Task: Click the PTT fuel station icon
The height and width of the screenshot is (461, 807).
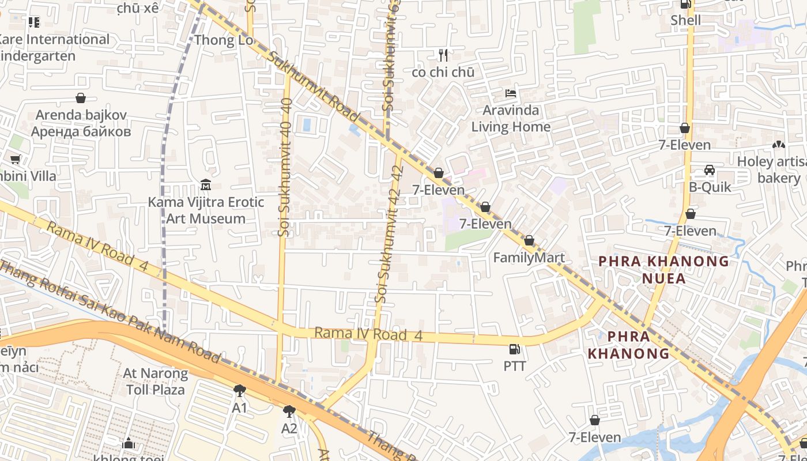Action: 514,349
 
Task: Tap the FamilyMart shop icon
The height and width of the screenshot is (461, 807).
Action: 529,241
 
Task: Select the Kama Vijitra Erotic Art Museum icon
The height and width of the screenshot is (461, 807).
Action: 205,185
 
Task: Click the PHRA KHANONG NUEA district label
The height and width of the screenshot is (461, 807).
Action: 663,270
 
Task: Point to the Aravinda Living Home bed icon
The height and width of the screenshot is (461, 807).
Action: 510,93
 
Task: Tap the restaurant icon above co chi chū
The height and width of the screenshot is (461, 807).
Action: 443,55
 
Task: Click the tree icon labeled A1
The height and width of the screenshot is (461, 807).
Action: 240,391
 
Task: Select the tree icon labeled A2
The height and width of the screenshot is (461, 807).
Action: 289,411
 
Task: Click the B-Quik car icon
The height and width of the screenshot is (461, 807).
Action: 710,170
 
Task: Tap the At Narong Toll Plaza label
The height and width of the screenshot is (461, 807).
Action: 155,381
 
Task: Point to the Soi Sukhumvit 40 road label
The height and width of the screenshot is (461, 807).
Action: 285,167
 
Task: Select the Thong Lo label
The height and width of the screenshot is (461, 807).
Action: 224,40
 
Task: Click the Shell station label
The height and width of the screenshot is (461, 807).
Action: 685,21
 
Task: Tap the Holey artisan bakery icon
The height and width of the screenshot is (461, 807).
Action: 779,145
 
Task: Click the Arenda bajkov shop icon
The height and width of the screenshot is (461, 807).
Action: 81,98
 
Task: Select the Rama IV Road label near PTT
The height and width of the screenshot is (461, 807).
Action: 369,334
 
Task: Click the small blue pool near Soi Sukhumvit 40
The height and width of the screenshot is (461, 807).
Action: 307,123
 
